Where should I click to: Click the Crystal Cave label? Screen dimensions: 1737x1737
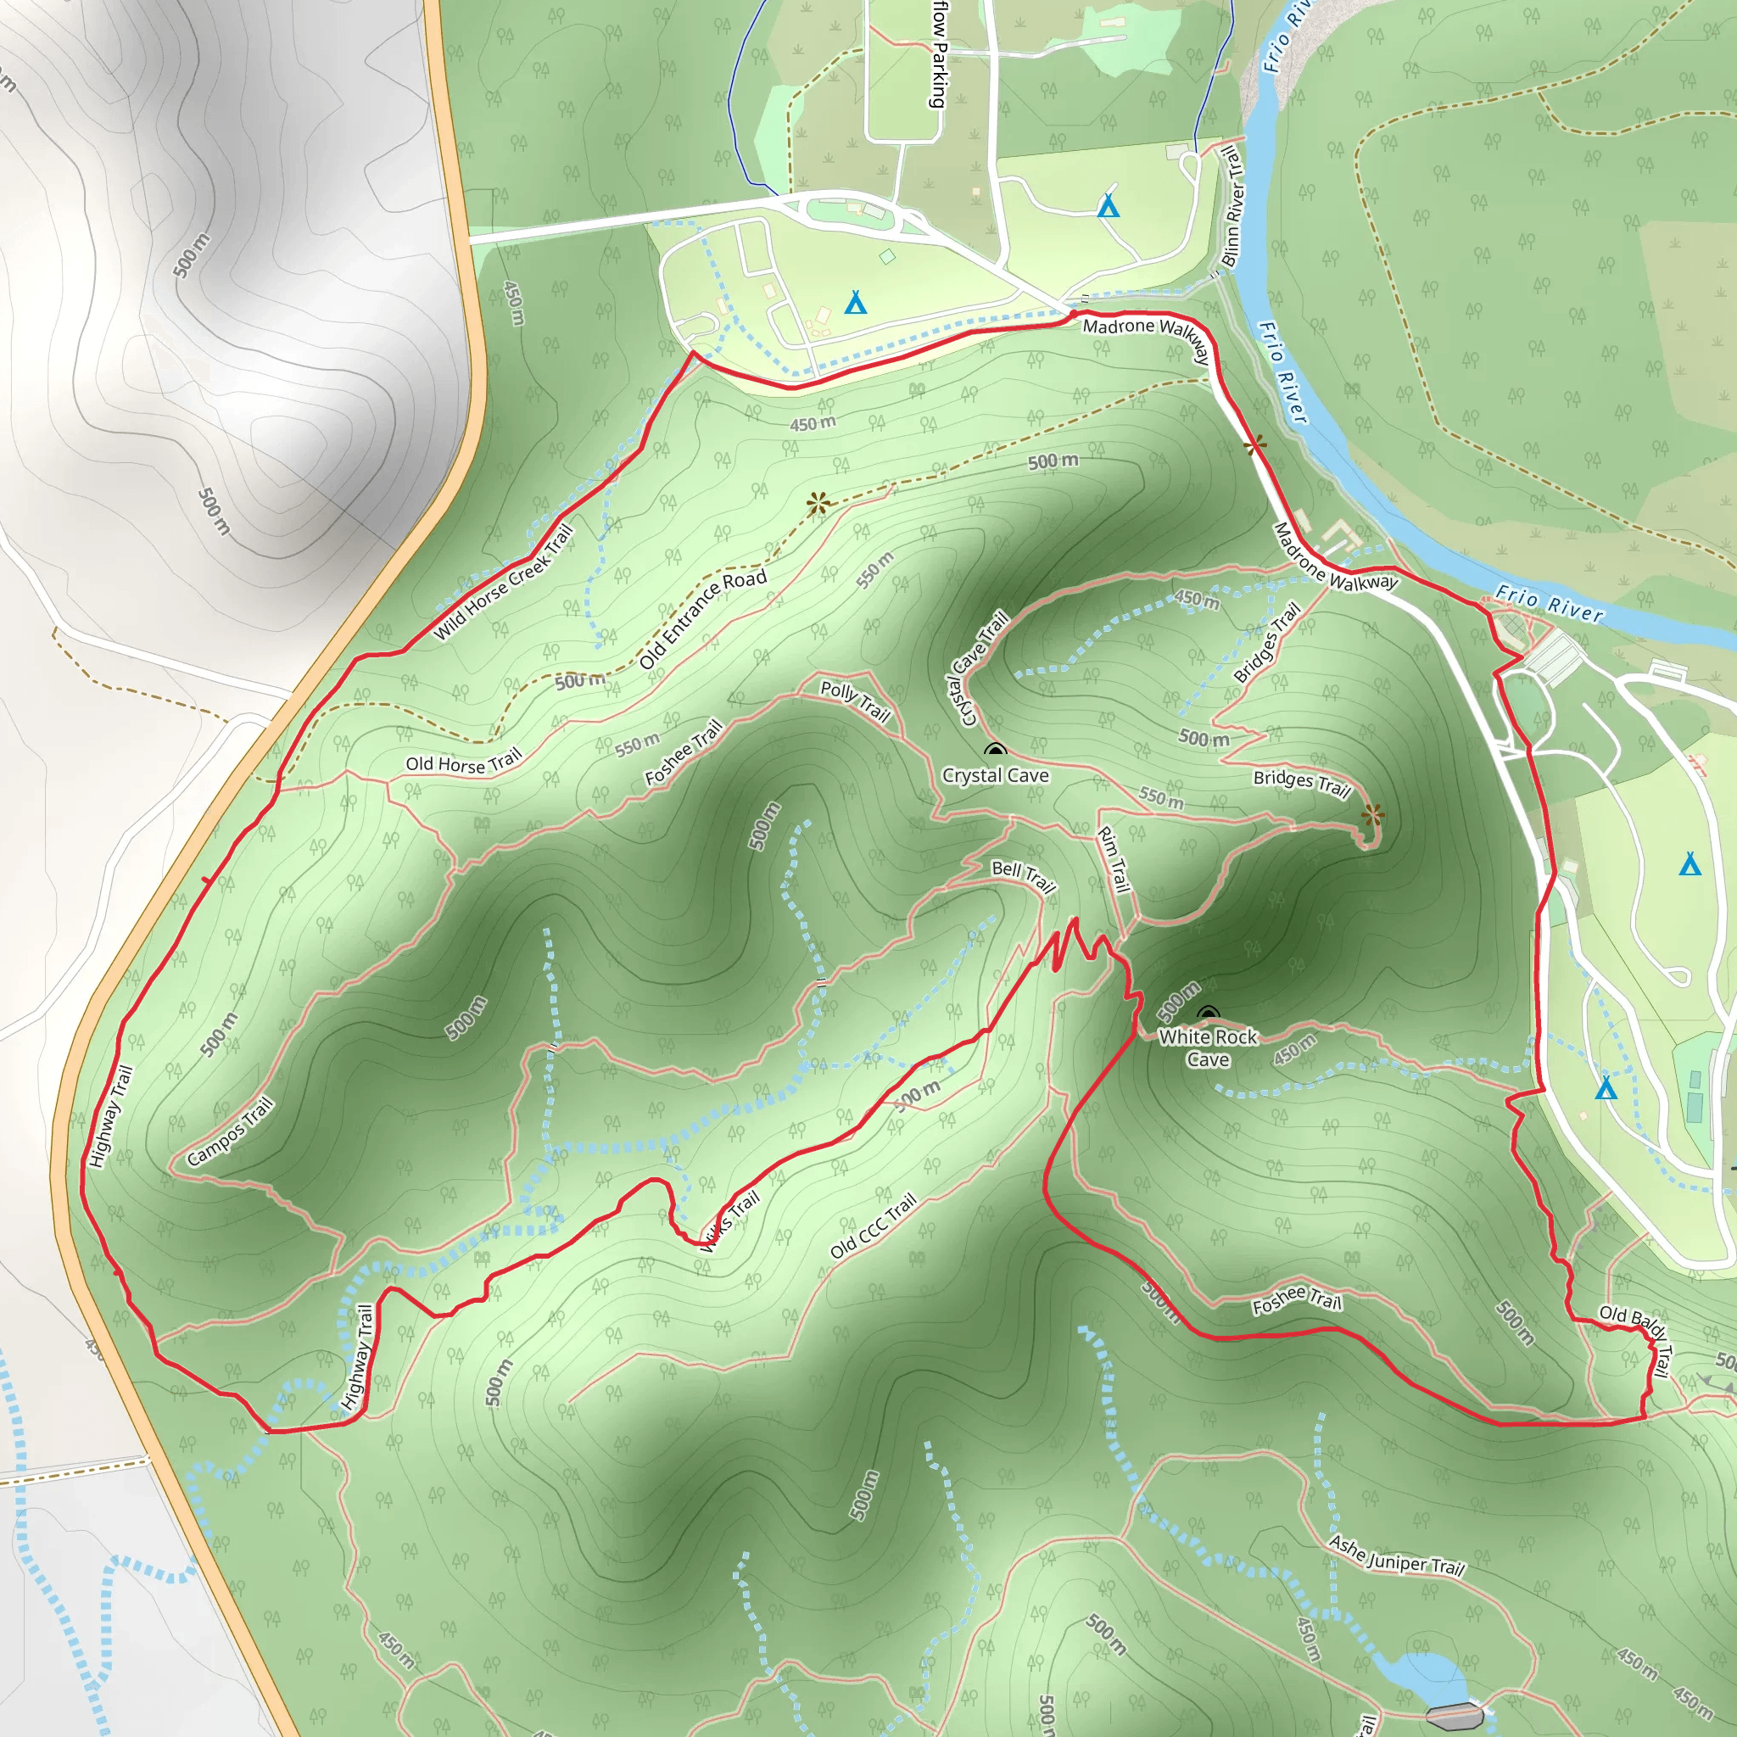point(995,775)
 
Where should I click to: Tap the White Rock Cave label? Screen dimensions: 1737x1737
point(1208,1048)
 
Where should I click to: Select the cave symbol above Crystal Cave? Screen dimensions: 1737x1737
point(994,750)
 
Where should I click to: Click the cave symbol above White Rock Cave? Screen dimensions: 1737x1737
point(1209,1014)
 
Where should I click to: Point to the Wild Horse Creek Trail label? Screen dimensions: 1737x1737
point(503,583)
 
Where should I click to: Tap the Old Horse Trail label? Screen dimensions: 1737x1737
point(463,763)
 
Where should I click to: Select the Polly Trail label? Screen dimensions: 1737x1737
point(855,701)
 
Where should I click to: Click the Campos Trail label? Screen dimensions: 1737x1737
point(230,1132)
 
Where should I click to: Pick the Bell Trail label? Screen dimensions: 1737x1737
point(1023,874)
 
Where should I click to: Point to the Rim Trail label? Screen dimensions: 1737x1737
point(1113,859)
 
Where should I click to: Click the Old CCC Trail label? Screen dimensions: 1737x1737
point(873,1225)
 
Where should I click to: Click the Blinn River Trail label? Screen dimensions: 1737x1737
point(1232,206)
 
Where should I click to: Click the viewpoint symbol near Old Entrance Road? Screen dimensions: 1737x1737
point(818,504)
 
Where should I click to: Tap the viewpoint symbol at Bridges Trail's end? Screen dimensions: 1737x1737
point(1372,815)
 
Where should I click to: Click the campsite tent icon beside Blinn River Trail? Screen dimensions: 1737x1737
point(1109,207)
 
